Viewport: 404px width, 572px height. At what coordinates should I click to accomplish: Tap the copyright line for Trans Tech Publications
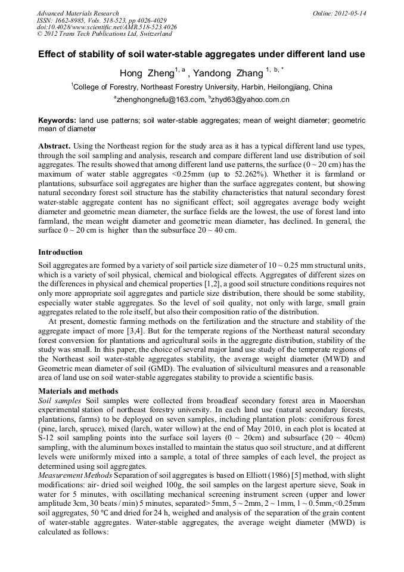(x=104, y=34)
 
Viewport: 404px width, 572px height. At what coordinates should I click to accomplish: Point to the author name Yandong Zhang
(x=228, y=73)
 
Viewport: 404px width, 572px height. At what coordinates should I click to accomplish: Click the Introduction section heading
(x=63, y=252)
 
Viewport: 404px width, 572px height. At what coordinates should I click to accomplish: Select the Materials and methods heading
(x=77, y=391)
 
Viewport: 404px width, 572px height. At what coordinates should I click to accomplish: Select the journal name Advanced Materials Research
(x=78, y=13)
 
